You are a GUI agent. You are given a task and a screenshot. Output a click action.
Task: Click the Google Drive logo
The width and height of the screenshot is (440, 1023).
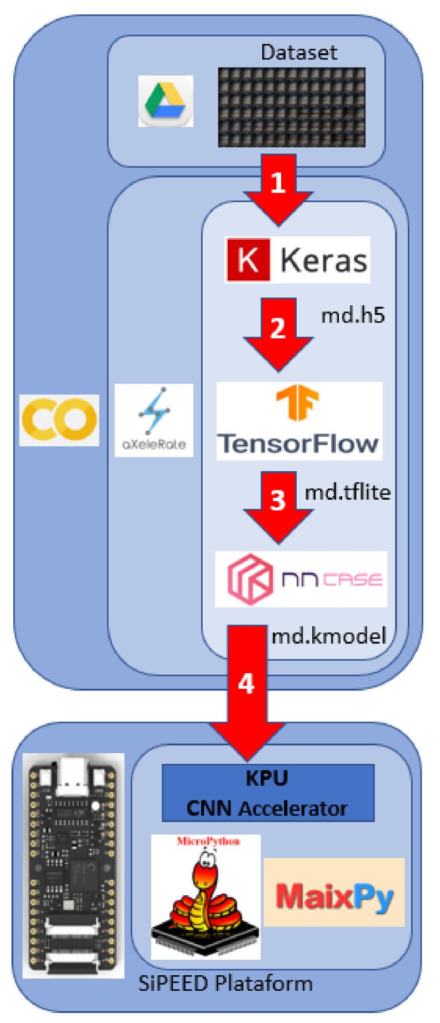(x=166, y=101)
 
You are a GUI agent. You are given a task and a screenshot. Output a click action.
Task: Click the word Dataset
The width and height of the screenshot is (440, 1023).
(x=299, y=53)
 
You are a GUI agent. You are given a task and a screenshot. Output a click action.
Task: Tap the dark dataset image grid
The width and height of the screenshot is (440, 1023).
(x=291, y=108)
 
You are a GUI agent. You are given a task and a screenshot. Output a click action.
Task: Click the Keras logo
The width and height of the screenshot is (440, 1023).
(x=297, y=260)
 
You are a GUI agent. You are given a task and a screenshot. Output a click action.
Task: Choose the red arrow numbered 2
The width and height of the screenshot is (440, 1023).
(x=277, y=333)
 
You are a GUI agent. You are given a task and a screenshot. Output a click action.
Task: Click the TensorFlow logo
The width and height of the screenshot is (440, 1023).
(x=299, y=421)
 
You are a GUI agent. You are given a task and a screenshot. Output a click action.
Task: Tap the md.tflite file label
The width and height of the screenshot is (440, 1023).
(x=348, y=492)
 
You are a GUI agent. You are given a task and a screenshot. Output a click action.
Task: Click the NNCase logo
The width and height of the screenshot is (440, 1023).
(x=301, y=579)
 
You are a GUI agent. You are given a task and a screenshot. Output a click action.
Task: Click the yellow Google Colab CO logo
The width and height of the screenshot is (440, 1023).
(x=59, y=420)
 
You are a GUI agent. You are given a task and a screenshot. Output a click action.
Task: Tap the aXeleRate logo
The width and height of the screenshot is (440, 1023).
(x=154, y=420)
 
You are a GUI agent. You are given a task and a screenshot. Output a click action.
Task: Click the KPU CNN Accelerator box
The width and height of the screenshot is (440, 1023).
(x=268, y=793)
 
